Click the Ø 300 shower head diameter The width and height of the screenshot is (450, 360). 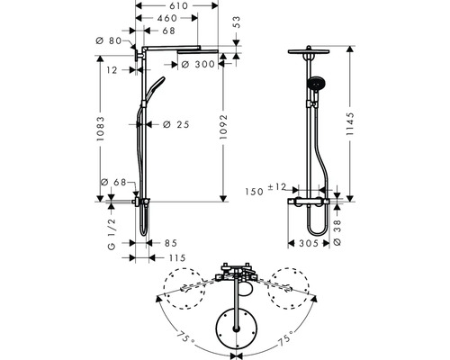pos(201,64)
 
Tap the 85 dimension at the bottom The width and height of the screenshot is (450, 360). pos(171,242)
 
